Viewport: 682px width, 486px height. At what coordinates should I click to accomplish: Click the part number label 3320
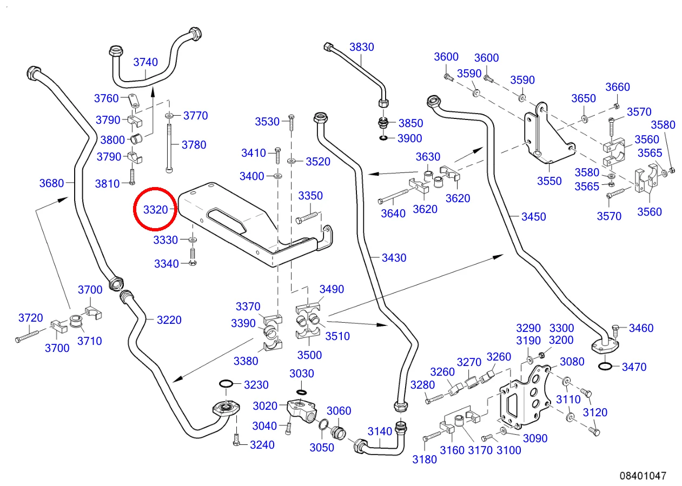(x=156, y=209)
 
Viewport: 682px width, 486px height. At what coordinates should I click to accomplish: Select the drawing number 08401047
(x=643, y=476)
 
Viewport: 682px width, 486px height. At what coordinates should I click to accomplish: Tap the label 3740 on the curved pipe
(x=145, y=62)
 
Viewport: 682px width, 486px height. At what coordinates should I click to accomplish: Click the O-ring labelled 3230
(x=226, y=384)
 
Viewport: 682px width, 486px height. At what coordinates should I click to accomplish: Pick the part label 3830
(x=361, y=47)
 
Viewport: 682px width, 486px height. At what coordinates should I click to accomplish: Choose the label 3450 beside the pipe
(x=533, y=217)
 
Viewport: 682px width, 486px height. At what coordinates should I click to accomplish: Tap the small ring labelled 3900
(x=383, y=138)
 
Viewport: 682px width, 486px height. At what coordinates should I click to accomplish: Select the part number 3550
(x=549, y=181)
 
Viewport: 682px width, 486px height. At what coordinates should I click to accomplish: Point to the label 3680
(x=52, y=183)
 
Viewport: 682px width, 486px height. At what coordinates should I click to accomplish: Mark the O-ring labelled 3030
(x=301, y=391)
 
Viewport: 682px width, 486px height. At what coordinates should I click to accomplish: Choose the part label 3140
(x=380, y=431)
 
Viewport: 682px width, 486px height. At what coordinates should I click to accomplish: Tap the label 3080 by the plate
(x=572, y=362)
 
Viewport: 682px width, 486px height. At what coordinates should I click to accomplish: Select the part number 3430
(x=394, y=258)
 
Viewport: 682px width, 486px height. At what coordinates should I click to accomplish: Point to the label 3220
(x=169, y=320)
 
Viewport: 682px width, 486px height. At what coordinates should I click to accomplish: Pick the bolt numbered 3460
(x=616, y=328)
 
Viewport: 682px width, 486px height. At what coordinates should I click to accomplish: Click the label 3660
(x=617, y=88)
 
